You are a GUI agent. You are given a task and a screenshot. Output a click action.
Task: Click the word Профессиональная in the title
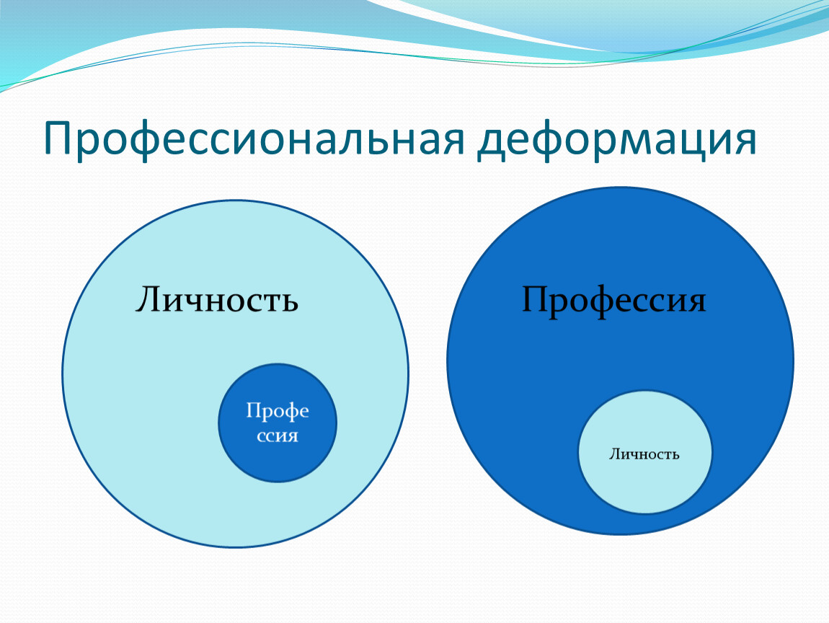(255, 140)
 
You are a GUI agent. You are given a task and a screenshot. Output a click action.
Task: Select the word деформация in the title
(617, 140)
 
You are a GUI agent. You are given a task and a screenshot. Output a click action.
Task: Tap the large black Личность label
(217, 300)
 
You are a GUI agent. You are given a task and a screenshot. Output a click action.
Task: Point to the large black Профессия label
(613, 301)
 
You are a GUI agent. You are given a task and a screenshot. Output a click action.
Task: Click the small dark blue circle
(278, 423)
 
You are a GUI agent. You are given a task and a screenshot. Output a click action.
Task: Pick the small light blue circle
(645, 452)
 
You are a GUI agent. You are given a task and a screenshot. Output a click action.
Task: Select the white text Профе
(278, 412)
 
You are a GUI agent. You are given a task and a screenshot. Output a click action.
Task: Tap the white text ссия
(278, 436)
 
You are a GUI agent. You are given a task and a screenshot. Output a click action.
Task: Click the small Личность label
(644, 454)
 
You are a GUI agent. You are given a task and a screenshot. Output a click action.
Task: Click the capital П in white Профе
(253, 410)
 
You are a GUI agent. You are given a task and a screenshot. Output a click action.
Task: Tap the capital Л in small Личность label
(613, 454)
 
